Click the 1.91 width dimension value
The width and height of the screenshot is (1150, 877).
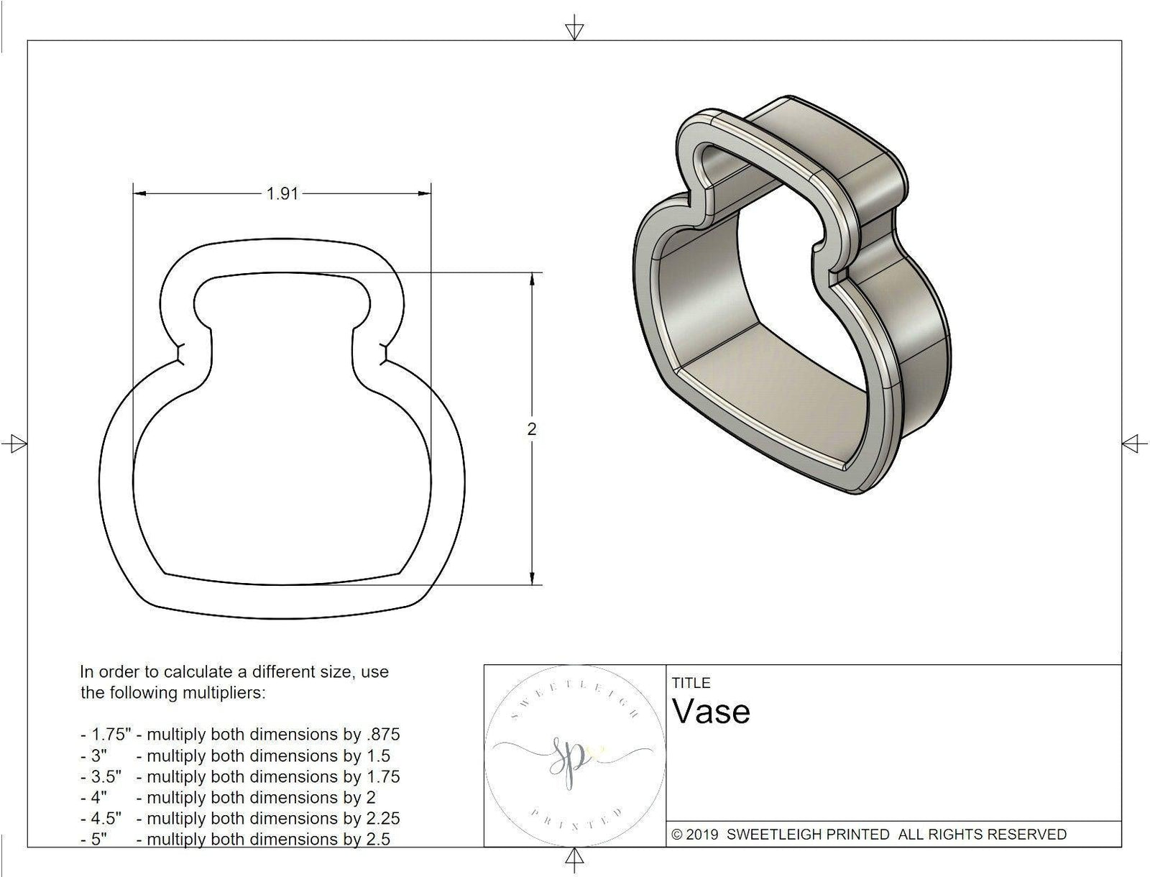pyautogui.click(x=282, y=194)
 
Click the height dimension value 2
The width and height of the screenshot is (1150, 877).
pyautogui.click(x=532, y=429)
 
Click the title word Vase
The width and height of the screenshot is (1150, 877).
pyautogui.click(x=712, y=712)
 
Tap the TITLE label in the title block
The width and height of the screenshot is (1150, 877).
pyautogui.click(x=691, y=683)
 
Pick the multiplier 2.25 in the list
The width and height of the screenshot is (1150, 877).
pyautogui.click(x=382, y=818)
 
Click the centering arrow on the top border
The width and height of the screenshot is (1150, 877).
pyautogui.click(x=574, y=31)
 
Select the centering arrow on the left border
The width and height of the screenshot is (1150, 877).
pyautogui.click(x=14, y=443)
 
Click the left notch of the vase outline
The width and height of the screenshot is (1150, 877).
pyautogui.click(x=180, y=354)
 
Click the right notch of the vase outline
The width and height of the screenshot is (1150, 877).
pyautogui.click(x=385, y=354)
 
